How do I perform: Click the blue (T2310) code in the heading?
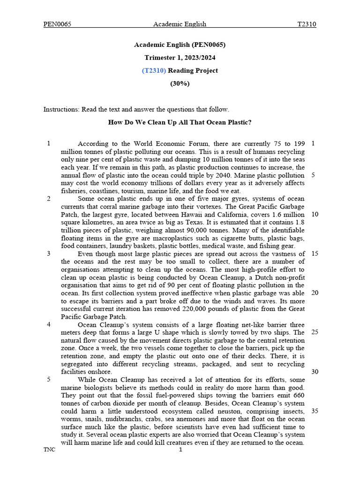click(154, 71)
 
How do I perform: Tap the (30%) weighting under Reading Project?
click(180, 83)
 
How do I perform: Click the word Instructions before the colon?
click(60, 110)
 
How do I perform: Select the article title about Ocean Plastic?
click(180, 122)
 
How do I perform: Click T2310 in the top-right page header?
click(307, 24)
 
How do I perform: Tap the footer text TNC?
click(49, 450)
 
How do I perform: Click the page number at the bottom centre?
click(180, 450)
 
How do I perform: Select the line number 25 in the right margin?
click(315, 332)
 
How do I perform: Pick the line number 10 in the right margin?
click(315, 214)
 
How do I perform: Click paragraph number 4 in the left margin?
click(49, 324)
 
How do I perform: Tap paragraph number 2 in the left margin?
click(49, 198)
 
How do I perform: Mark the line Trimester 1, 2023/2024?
click(180, 58)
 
